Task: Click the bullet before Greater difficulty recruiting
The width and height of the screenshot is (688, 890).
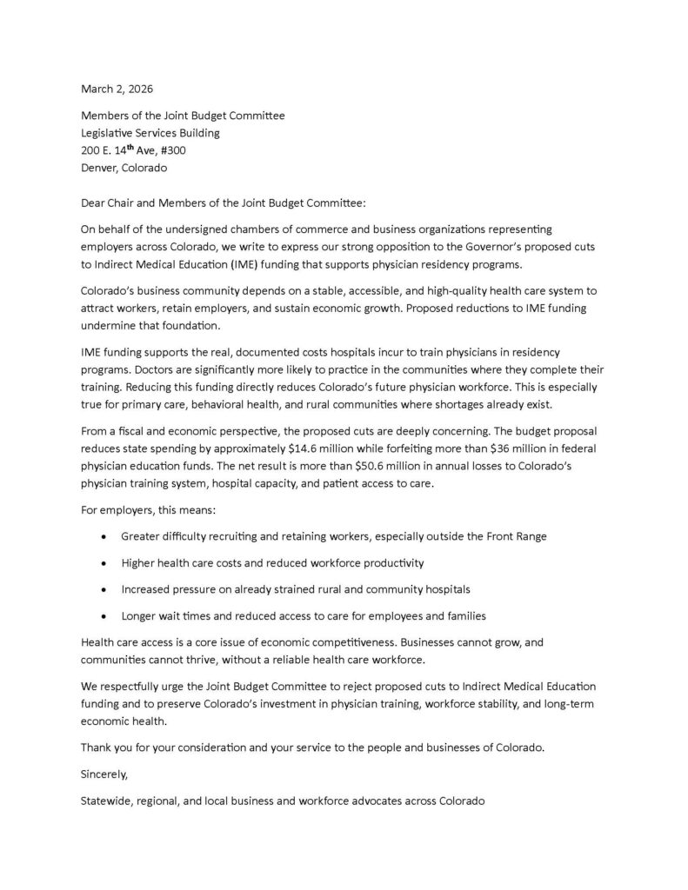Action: [104, 536]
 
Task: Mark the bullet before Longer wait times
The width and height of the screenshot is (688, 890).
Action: [104, 616]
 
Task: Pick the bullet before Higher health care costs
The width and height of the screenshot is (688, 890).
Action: [104, 562]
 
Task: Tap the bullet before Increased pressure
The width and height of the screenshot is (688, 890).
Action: [104, 589]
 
